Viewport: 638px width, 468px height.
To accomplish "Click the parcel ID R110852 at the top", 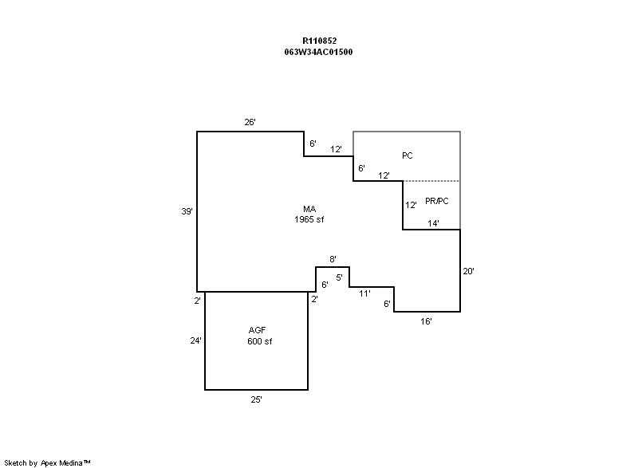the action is click(320, 41).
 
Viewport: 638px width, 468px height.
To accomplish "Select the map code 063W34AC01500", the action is click(318, 52).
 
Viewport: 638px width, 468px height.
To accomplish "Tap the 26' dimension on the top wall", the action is click(250, 122).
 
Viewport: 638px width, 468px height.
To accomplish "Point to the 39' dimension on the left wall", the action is click(187, 211).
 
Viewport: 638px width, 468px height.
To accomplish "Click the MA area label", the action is click(309, 209).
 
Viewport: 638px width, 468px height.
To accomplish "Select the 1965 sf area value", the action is click(309, 219).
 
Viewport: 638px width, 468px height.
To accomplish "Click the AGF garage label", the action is click(257, 330).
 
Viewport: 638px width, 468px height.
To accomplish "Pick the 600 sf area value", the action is click(260, 341).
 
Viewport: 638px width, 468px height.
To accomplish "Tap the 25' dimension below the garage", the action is click(256, 399).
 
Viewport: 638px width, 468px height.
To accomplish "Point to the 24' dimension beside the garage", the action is click(195, 340).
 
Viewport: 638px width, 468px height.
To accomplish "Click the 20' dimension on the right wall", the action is click(468, 271).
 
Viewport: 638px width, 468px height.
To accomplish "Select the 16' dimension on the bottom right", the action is click(426, 321).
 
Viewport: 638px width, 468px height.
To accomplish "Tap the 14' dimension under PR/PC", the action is click(433, 223).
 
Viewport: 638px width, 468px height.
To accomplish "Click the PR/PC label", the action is click(436, 201).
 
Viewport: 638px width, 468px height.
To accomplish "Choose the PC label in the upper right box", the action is click(408, 155).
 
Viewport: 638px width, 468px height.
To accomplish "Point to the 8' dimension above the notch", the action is click(333, 259).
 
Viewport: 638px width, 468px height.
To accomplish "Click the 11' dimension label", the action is click(364, 293).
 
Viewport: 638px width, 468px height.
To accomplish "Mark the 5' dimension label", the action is click(340, 277).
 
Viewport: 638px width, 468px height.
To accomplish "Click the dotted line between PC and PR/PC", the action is click(431, 181).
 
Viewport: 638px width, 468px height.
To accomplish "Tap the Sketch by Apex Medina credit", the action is click(47, 462).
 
